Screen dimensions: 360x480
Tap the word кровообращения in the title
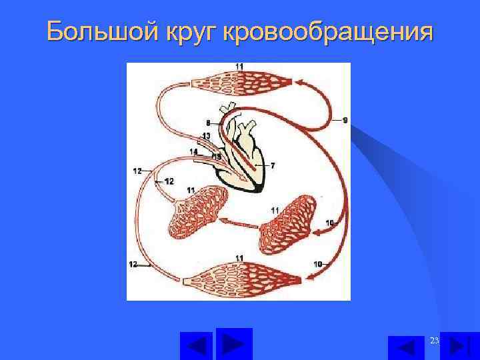(x=329, y=31)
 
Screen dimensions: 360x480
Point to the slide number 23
(x=435, y=341)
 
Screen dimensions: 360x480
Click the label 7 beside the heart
(x=273, y=164)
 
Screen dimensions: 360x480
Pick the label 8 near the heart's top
(x=208, y=123)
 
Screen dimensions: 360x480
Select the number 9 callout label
(x=345, y=120)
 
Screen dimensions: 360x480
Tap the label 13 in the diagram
(x=206, y=136)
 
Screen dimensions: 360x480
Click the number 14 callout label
(x=193, y=152)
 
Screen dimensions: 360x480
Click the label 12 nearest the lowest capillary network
(x=134, y=265)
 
